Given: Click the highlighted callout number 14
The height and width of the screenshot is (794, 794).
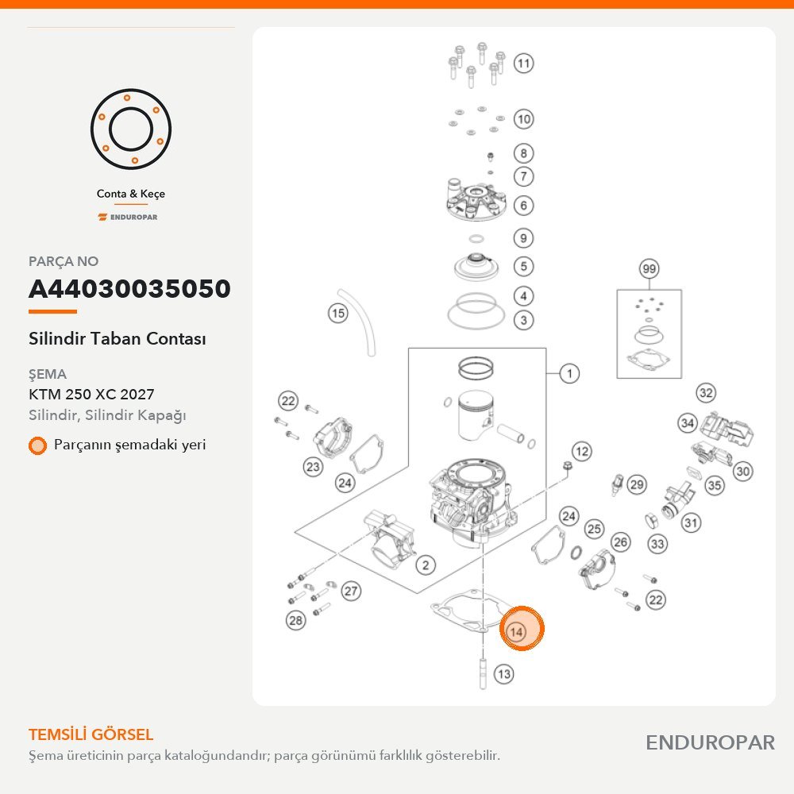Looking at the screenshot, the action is tap(516, 632).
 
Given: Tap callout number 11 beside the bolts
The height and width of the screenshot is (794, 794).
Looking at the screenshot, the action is tap(523, 64).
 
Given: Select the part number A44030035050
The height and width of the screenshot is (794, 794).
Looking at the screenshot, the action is tap(129, 289).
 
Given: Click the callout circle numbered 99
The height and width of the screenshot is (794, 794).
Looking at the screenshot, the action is tap(649, 268).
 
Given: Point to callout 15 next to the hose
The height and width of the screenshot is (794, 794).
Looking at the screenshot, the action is tap(337, 313).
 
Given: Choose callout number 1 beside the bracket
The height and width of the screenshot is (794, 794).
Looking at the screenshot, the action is tap(569, 374).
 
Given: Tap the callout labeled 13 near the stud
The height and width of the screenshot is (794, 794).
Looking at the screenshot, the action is tap(503, 674).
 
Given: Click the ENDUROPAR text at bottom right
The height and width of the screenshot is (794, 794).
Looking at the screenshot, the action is tap(710, 742).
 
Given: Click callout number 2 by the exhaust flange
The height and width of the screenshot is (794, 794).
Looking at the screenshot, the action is tap(426, 565).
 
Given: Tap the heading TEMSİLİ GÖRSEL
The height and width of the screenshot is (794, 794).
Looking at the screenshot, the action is tap(91, 734).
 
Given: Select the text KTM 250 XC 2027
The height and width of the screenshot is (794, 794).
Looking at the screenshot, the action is tap(91, 394).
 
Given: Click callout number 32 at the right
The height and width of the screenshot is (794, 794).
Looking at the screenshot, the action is tap(705, 393).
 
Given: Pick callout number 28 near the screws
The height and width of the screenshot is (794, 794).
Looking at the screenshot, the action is tap(295, 620).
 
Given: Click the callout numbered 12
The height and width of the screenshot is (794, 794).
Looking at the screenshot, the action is tap(582, 451).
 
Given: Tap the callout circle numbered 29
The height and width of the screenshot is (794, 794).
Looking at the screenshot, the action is tap(637, 485).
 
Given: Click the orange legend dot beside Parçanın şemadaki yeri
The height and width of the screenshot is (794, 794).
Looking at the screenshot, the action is tap(37, 445).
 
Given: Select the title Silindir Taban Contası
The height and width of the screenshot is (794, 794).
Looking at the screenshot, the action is tap(117, 338).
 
